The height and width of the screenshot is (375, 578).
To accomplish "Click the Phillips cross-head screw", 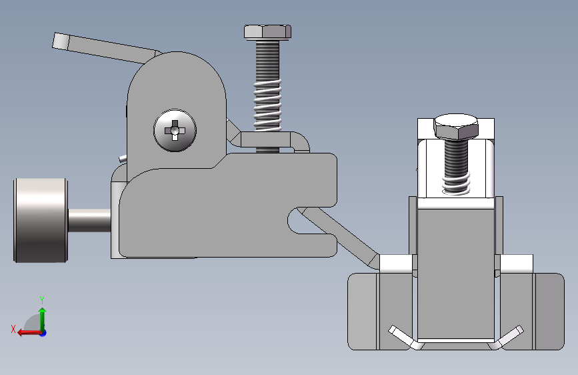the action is [x=175, y=130].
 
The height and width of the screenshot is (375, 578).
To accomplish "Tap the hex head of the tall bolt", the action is [x=267, y=32].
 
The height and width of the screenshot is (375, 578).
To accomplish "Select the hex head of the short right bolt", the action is [x=456, y=126].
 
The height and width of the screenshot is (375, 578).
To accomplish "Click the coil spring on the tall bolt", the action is [x=267, y=105].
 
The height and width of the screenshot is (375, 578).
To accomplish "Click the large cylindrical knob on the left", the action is [x=41, y=220].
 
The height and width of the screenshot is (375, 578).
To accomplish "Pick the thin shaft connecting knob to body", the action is [x=89, y=220].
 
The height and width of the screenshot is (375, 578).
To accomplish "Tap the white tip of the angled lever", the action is [x=60, y=41].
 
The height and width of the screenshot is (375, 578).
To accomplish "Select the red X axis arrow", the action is [x=29, y=333].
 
